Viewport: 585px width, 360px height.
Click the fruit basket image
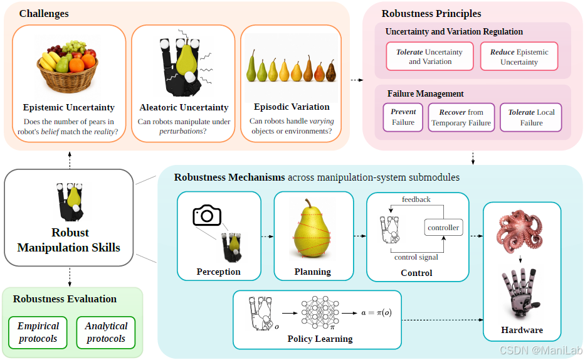tap(68, 66)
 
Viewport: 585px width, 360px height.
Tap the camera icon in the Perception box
tap(207, 215)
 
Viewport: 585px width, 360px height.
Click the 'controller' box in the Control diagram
tap(443, 228)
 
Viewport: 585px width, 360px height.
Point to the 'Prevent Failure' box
tap(403, 117)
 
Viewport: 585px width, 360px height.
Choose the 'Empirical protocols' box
tap(38, 332)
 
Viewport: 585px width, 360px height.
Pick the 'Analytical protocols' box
tap(106, 332)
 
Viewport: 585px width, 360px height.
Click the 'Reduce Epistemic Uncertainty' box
tap(519, 56)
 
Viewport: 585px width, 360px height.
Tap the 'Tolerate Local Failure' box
tap(531, 117)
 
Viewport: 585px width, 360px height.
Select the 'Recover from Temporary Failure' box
tap(461, 117)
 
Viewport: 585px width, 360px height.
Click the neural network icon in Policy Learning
tap(320, 312)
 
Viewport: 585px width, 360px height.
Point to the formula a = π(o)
tap(376, 312)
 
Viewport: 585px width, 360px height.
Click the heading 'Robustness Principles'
tap(431, 13)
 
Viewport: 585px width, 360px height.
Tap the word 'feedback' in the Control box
tap(416, 199)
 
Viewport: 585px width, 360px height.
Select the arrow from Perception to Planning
tap(267, 236)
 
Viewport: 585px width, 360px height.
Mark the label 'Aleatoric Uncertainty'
tap(184, 107)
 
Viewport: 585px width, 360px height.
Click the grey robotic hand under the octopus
tap(520, 294)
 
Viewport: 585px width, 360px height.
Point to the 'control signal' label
tap(416, 257)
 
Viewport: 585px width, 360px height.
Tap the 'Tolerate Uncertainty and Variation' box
tap(430, 56)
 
